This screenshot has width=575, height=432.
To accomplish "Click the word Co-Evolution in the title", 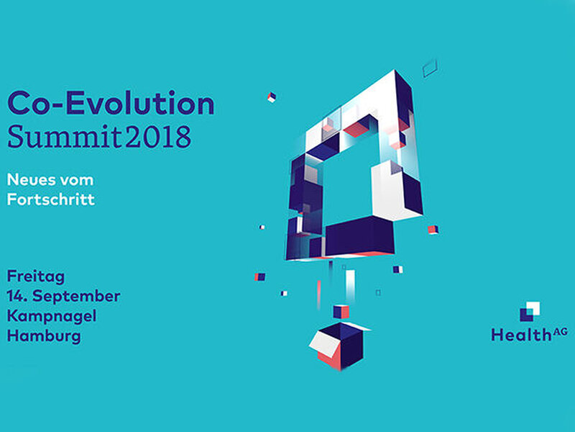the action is click(x=111, y=104).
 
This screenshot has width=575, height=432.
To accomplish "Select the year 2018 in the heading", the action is click(x=158, y=137).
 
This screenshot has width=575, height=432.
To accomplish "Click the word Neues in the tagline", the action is click(x=30, y=180).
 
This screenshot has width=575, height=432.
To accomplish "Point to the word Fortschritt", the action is click(x=51, y=199).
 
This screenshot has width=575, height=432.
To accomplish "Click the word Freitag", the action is click(x=36, y=277).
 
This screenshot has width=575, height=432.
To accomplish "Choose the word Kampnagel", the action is click(x=52, y=316).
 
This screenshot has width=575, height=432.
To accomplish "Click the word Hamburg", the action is click(x=44, y=336).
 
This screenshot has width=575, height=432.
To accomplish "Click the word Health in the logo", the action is click(x=520, y=335).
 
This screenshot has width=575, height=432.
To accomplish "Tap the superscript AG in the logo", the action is click(x=560, y=331).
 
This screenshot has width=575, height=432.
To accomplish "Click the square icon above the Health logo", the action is click(x=530, y=312).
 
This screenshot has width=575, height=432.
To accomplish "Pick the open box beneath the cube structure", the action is click(x=340, y=346).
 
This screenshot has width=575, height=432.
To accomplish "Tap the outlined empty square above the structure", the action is click(x=429, y=68).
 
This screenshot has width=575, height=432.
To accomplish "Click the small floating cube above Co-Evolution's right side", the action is click(x=272, y=97).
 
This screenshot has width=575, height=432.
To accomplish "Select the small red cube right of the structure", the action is click(x=433, y=230).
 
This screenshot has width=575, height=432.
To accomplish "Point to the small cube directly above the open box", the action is click(x=341, y=312).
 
